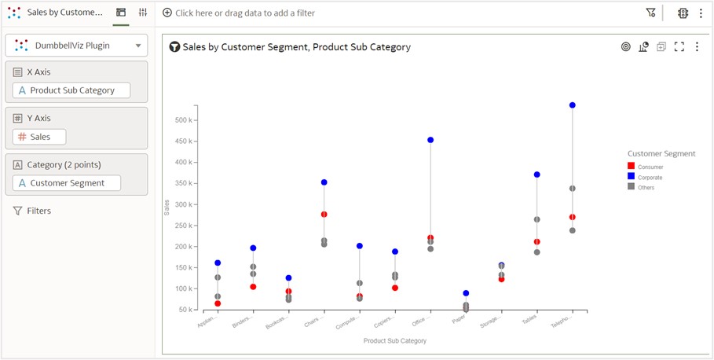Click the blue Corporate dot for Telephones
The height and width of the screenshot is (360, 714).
pos(573,105)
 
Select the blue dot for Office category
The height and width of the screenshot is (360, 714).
pos(430,140)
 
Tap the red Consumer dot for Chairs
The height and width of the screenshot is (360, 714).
pos(324,214)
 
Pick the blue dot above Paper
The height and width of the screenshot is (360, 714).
pos(466,293)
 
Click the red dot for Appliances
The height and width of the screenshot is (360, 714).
pos(218,303)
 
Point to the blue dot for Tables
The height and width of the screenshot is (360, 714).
pos(537,174)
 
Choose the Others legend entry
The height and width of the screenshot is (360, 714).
pos(645,187)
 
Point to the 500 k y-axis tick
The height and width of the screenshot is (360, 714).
pos(185,120)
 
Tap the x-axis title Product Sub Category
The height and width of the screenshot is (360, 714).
pos(395,341)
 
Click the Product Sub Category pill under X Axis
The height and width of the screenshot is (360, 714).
pos(71,90)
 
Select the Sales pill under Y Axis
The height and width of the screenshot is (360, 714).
pos(39,137)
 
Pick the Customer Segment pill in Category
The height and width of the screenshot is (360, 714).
pos(67,183)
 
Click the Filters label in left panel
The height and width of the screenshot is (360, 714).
pos(38,211)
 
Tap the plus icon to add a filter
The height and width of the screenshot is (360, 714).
pos(167,13)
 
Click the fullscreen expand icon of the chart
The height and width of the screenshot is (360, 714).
pos(679,46)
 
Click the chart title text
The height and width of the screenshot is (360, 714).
pos(296,47)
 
